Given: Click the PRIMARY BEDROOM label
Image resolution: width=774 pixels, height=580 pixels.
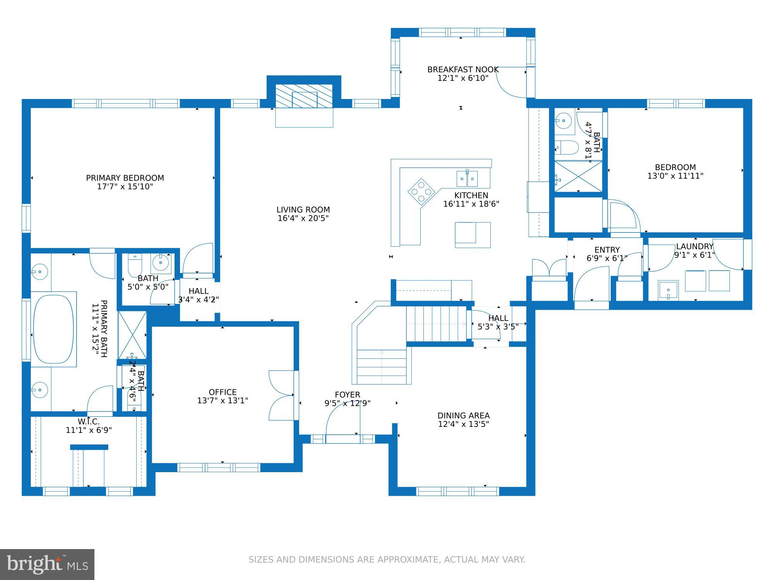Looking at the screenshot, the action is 125,178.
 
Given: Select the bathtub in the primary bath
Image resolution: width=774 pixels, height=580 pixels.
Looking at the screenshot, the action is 53,329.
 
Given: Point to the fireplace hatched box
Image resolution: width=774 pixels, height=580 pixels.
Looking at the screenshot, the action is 304,96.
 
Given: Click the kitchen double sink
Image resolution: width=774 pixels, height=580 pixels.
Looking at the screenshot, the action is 467,179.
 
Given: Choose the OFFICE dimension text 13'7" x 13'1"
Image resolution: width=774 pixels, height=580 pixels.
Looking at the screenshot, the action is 223,401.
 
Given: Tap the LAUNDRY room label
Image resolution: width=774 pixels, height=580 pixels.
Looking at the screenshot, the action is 695,246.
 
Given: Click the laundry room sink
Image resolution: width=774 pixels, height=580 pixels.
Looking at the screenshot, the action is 668,290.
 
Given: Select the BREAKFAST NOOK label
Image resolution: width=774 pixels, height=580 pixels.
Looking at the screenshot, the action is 463,70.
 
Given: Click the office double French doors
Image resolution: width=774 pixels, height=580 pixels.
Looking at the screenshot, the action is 281,395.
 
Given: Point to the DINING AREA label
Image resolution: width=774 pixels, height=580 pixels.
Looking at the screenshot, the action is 464,416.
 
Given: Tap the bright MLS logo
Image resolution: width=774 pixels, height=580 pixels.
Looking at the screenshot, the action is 47,565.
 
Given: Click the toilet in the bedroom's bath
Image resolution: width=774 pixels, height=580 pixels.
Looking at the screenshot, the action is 566,147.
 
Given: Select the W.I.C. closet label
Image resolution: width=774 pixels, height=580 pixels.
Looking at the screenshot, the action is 89,421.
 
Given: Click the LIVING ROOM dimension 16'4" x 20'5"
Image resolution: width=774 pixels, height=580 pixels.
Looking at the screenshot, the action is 303,218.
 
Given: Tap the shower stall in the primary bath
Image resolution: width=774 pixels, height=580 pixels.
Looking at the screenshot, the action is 132,335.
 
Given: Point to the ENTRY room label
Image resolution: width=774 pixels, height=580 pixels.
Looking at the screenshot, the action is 607,250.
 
